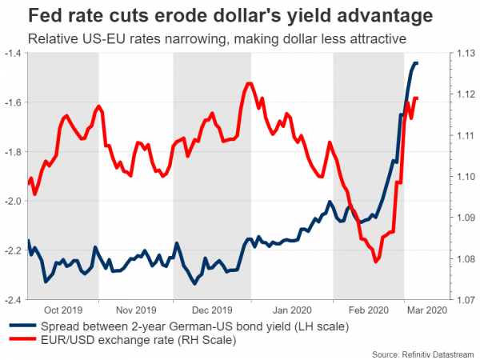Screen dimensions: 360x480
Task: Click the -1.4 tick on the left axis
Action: [x=14, y=54]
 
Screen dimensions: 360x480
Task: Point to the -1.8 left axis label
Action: [x=14, y=152]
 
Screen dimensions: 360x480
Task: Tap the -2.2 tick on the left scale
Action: [x=14, y=250]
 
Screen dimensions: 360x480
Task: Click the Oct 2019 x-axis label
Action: [x=65, y=310]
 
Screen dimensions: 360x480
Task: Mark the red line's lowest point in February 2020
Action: [x=375, y=262]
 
